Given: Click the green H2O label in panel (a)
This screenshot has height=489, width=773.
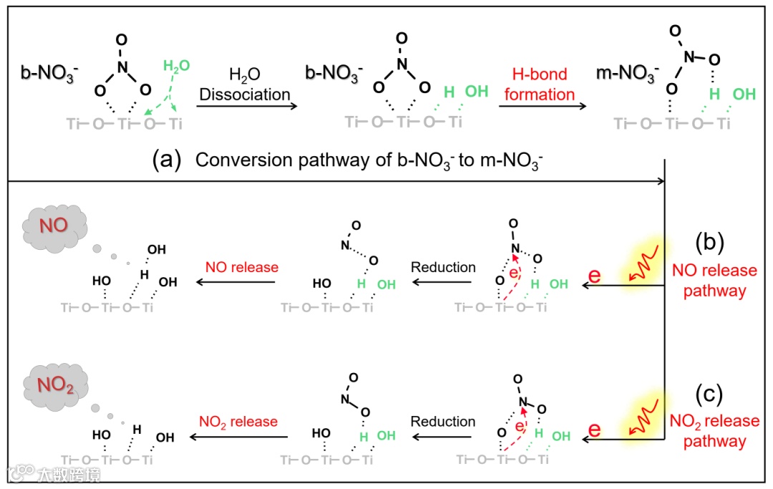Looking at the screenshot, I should coord(176,66).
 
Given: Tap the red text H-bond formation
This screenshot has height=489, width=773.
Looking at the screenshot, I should coord(540,84).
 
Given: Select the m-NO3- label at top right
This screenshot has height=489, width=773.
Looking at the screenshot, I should coord(627,72).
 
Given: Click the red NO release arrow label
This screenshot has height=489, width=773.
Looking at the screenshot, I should coord(241,267).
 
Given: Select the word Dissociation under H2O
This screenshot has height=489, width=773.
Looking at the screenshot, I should coord(245,95).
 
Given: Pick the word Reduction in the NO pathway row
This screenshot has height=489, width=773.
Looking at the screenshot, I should coord(443,267).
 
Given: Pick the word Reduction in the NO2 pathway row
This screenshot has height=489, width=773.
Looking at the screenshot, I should coord(443,421).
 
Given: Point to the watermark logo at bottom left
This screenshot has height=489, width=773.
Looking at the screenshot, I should coord(21,473).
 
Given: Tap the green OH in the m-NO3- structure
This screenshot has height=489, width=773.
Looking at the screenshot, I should coord(744,94).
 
